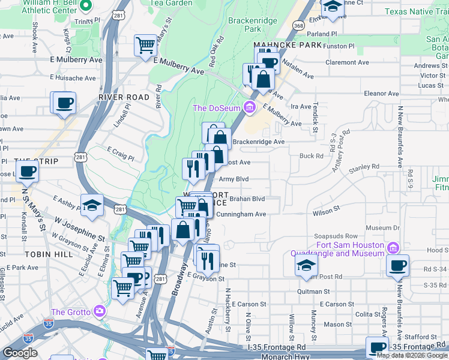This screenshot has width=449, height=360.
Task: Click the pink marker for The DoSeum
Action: [x=250, y=108]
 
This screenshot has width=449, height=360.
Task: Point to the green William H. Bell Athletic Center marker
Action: [x=85, y=7]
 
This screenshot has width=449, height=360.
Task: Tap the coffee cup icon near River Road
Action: [x=64, y=101]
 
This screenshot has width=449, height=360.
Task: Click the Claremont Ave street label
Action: [x=346, y=62]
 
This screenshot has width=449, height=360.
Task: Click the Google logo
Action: [x=20, y=353]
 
